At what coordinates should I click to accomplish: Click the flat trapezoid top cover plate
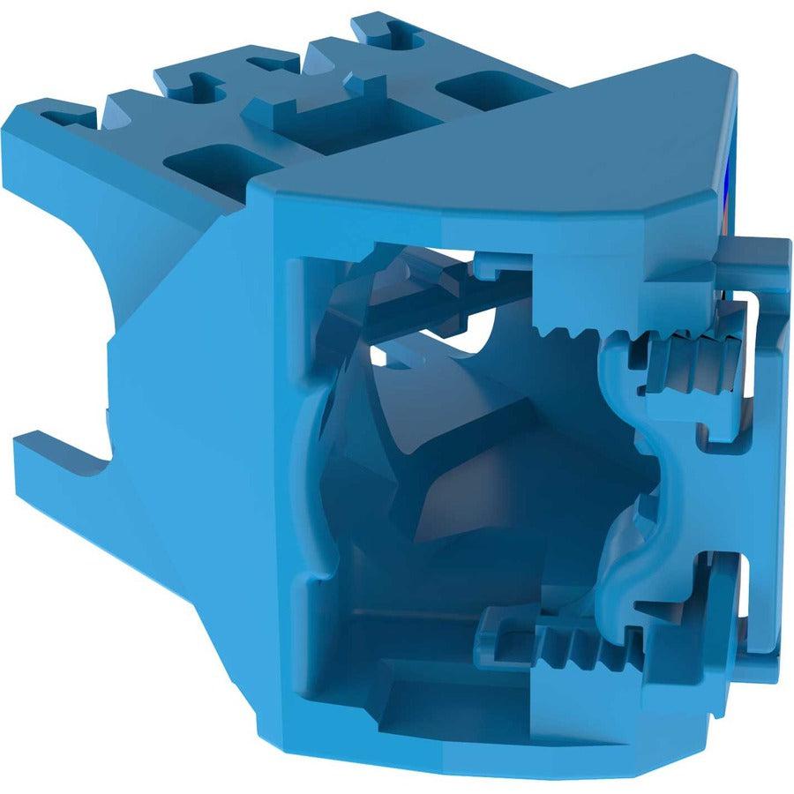coord(494,159)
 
